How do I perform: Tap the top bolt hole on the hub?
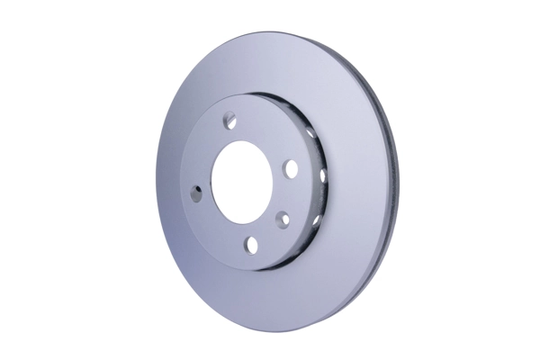(x=230, y=117)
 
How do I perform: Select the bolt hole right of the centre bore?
(x=290, y=167)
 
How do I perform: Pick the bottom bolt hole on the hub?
(x=252, y=244)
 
